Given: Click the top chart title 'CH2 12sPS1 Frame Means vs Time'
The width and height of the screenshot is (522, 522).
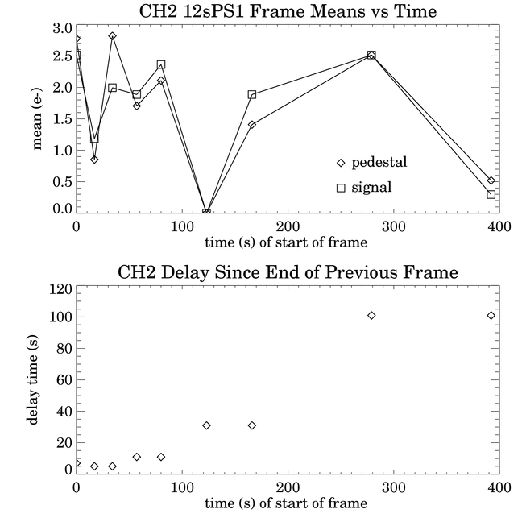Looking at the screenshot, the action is pos(288,11).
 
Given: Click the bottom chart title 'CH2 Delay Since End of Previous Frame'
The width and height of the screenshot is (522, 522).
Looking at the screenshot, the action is pos(288,272).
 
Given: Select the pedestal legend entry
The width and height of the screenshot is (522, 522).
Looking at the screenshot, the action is pos(372,163).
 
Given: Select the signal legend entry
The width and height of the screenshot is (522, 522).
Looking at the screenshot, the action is pos(364,188).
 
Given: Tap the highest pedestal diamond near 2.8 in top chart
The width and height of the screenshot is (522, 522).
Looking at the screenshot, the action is pos(113,36).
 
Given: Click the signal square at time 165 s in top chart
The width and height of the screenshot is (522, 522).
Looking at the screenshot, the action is pos(252,94).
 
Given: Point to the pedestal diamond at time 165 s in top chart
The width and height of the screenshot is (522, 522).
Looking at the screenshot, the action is pos(252,125).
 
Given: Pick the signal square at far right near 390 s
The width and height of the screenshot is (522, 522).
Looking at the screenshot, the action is pos(491,194).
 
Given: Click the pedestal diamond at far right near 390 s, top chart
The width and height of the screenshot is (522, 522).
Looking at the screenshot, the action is pos(491,180).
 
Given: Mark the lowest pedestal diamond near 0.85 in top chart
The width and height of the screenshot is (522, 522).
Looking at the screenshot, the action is pos(94,159).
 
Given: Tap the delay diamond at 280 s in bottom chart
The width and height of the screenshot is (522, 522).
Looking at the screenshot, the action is pos(371,315).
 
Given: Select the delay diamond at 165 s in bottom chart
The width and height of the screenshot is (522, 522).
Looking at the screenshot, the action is pos(252,425).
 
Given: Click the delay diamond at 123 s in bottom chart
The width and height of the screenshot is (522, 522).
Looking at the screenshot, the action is pos(206,425).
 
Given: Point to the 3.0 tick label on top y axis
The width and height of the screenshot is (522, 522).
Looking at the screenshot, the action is pos(62,28).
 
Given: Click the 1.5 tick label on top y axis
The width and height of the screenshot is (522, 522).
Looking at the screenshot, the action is pos(62,119).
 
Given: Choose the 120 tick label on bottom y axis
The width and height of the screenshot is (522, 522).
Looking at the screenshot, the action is pos(61,289).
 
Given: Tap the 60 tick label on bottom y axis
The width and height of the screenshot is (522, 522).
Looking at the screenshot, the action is pos(64,380).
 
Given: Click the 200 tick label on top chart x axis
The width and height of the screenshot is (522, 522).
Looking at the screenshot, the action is pos(288,227).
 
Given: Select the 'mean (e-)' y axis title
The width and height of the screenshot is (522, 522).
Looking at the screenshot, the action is pos(36,119).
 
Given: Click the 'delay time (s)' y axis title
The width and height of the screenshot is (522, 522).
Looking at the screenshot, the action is pos(32,379).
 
